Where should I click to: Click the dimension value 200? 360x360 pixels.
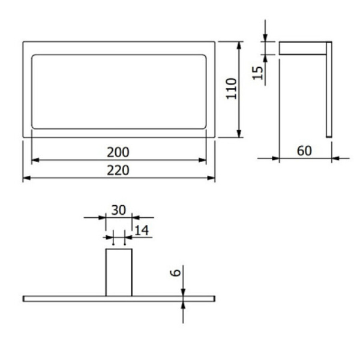pyautogui.click(x=118, y=152)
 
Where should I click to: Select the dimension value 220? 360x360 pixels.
pyautogui.click(x=118, y=170)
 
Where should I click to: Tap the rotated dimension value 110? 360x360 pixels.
pyautogui.click(x=232, y=89)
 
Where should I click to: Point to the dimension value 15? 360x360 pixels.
pyautogui.click(x=257, y=73)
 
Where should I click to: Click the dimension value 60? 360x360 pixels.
pyautogui.click(x=304, y=151)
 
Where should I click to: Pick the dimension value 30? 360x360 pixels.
pyautogui.click(x=119, y=210)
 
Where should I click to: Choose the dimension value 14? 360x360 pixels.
pyautogui.click(x=142, y=230)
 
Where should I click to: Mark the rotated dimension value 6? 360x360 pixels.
pyautogui.click(x=176, y=272)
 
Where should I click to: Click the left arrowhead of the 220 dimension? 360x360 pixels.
pyautogui.click(x=26, y=178)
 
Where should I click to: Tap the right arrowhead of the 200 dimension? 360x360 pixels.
pyautogui.click(x=203, y=160)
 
